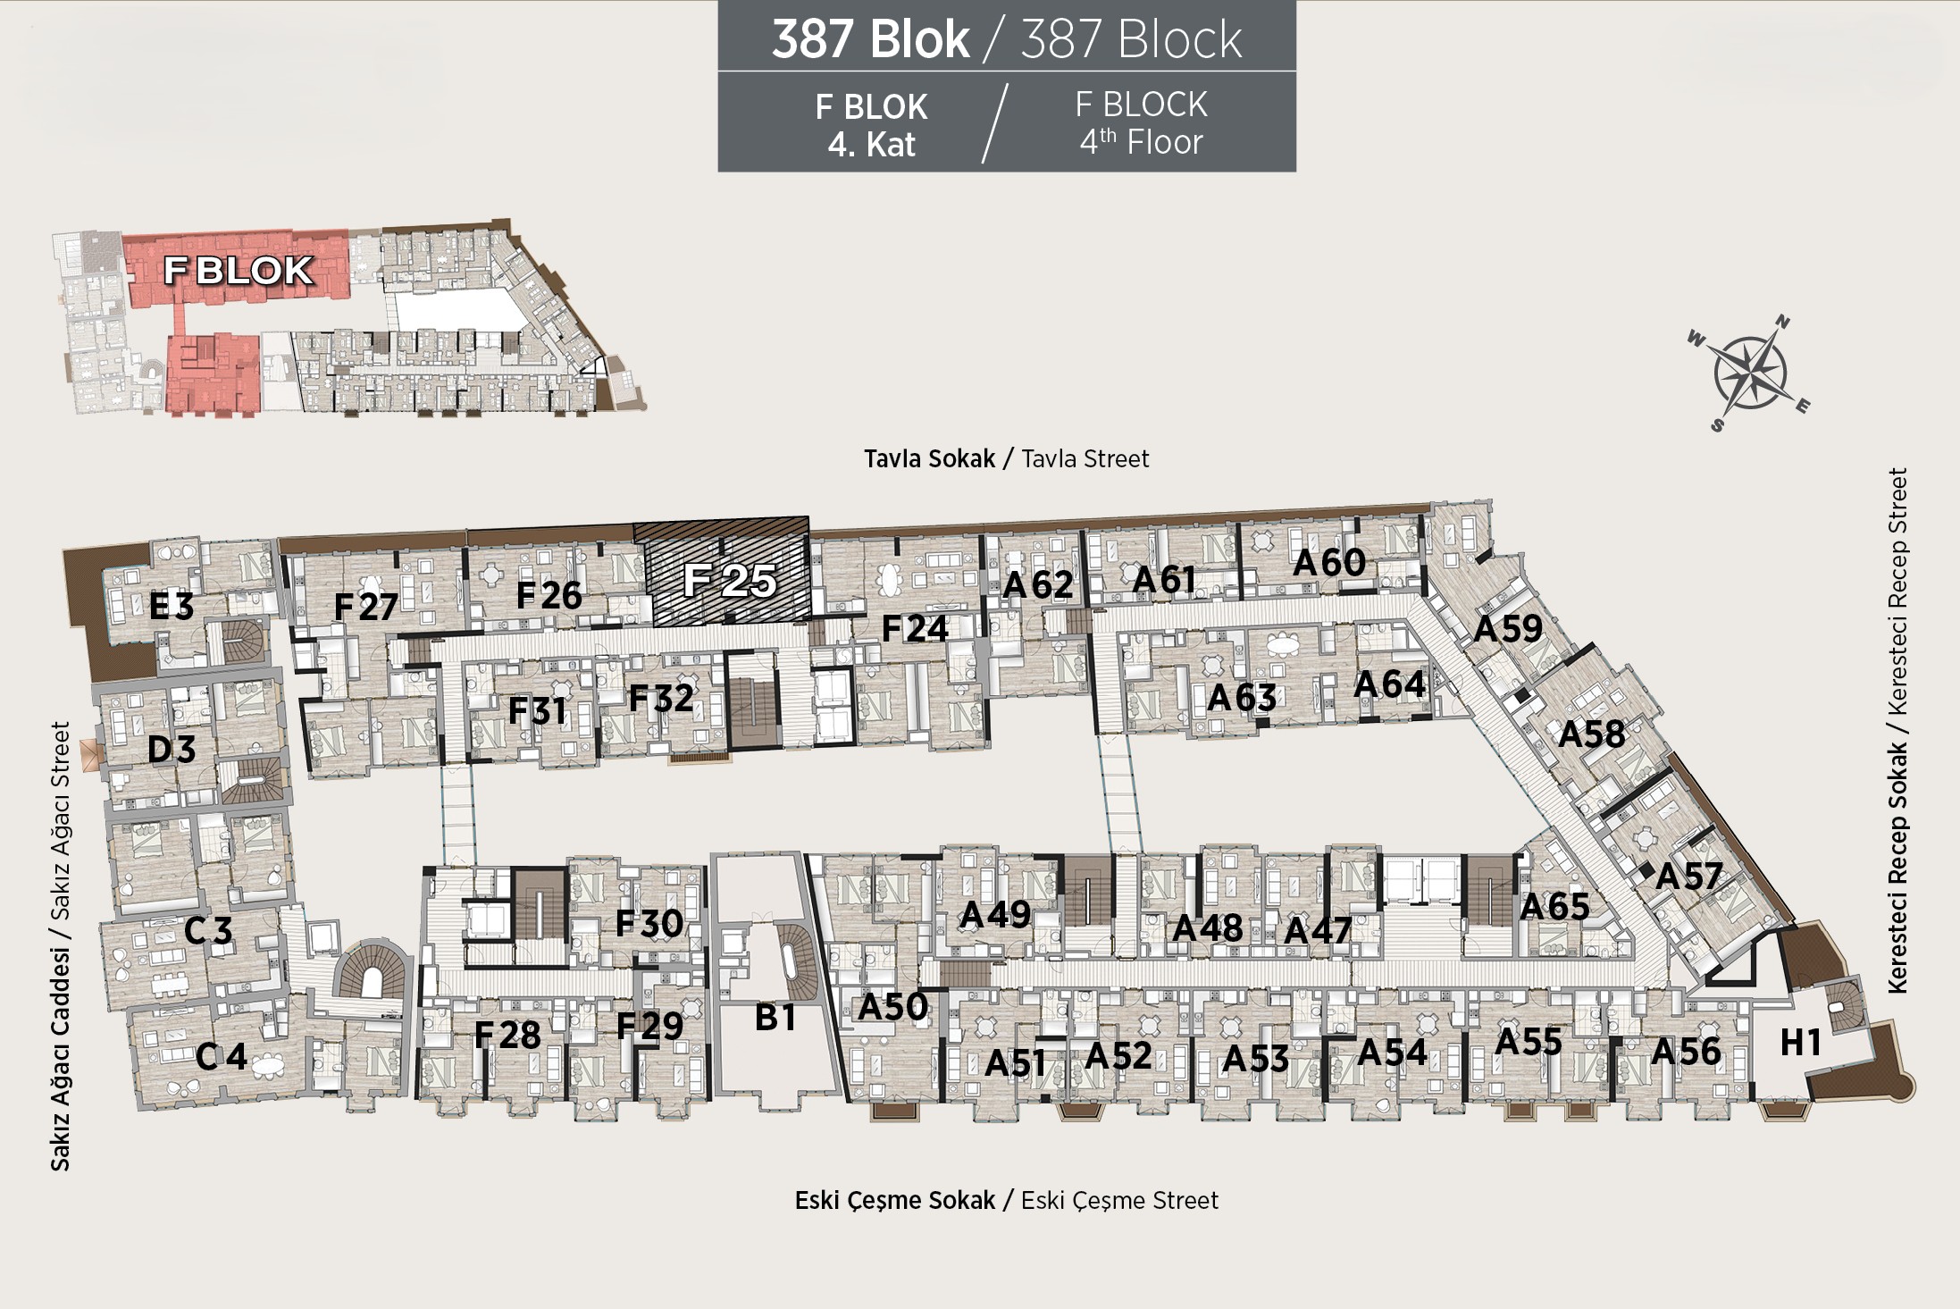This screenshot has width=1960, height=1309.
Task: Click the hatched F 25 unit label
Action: point(730,580)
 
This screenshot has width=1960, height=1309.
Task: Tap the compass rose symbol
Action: point(1748,373)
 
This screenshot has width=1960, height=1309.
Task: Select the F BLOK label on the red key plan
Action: point(239,270)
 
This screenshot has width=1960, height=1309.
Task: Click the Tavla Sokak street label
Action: point(929,458)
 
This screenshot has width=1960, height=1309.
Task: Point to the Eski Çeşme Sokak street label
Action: point(895,1200)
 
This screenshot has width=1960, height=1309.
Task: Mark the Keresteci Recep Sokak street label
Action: point(1897,867)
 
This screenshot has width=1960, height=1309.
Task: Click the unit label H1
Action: point(1800,1042)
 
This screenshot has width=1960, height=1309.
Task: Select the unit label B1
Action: point(775,1017)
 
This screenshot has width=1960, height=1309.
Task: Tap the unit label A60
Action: point(1329,562)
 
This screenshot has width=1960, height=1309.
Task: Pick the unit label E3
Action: point(172,607)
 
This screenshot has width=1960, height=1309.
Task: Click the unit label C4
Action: point(222,1058)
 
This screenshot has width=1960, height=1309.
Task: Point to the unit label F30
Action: point(649,923)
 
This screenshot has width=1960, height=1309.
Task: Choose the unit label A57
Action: point(1688,876)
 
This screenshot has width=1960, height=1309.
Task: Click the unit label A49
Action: point(995,914)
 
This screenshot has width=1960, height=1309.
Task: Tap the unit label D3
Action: point(172,749)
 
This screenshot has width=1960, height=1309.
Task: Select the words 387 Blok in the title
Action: point(870,39)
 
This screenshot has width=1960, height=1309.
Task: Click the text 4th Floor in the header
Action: point(1141,142)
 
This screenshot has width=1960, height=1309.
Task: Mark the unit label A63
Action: point(1242,697)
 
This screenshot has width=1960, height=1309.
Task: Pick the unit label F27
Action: point(365,607)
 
